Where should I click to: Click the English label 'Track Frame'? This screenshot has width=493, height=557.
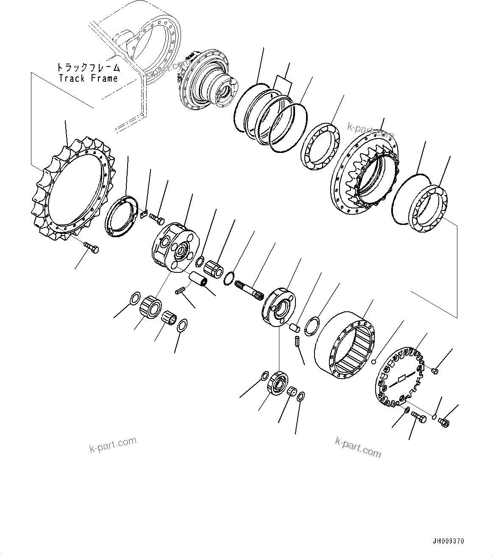coord(89,78)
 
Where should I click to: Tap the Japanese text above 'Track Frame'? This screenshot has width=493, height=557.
coord(89,67)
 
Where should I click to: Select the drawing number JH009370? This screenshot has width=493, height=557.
coord(448,541)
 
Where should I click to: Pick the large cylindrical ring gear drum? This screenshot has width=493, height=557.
coord(345,346)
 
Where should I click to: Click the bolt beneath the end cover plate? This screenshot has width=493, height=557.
coord(420,418)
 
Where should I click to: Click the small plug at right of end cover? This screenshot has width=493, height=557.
coord(434,371)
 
